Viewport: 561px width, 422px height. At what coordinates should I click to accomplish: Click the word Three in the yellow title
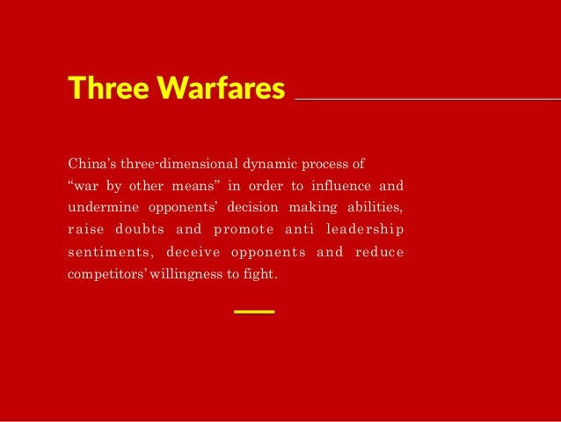click(x=98, y=88)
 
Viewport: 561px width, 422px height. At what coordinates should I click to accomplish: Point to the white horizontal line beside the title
click(x=427, y=100)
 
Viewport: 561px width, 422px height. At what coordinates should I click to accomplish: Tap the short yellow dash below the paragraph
click(x=255, y=312)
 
